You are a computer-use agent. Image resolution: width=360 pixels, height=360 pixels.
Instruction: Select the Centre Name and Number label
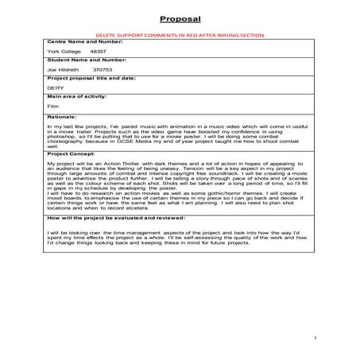[x=78, y=44]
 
